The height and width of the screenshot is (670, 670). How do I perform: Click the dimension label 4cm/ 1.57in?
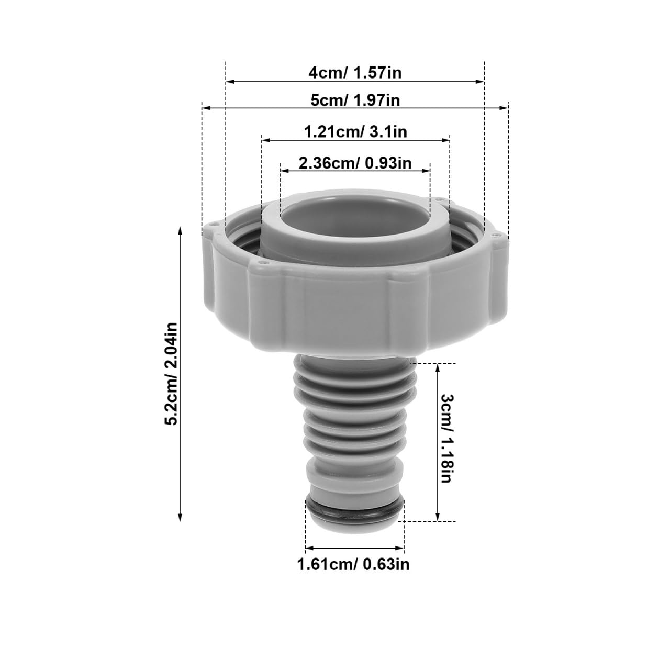(355, 73)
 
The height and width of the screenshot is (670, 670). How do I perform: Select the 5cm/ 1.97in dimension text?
(355, 100)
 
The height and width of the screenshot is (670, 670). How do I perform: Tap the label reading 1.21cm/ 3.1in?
(355, 132)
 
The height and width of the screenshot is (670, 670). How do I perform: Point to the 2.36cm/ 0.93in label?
(355, 163)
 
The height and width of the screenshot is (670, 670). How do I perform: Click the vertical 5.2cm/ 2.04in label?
(171, 374)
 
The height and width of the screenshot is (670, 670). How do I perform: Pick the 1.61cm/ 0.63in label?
(353, 564)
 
